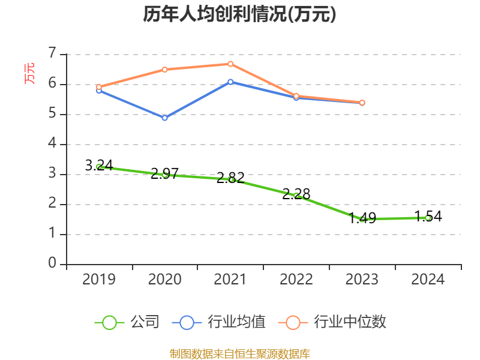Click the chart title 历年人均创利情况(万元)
click(x=239, y=14)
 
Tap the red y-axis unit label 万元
click(x=29, y=73)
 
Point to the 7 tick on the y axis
click(x=52, y=53)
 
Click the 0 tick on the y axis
click(x=52, y=263)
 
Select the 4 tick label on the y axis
click(x=52, y=143)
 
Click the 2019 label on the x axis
click(x=99, y=279)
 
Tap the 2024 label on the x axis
click(x=428, y=279)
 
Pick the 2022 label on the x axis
click(x=296, y=279)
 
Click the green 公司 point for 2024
click(x=428, y=218)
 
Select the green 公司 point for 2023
click(x=362, y=219)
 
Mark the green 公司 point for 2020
click(x=165, y=175)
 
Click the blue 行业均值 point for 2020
click(x=165, y=118)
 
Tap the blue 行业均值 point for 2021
click(x=230, y=82)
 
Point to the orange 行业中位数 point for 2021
click(x=230, y=64)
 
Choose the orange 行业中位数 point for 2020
click(x=165, y=70)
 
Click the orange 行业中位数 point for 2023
click(x=362, y=103)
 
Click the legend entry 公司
click(x=128, y=322)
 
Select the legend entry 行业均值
click(x=219, y=322)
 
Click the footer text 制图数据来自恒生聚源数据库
click(x=239, y=353)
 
